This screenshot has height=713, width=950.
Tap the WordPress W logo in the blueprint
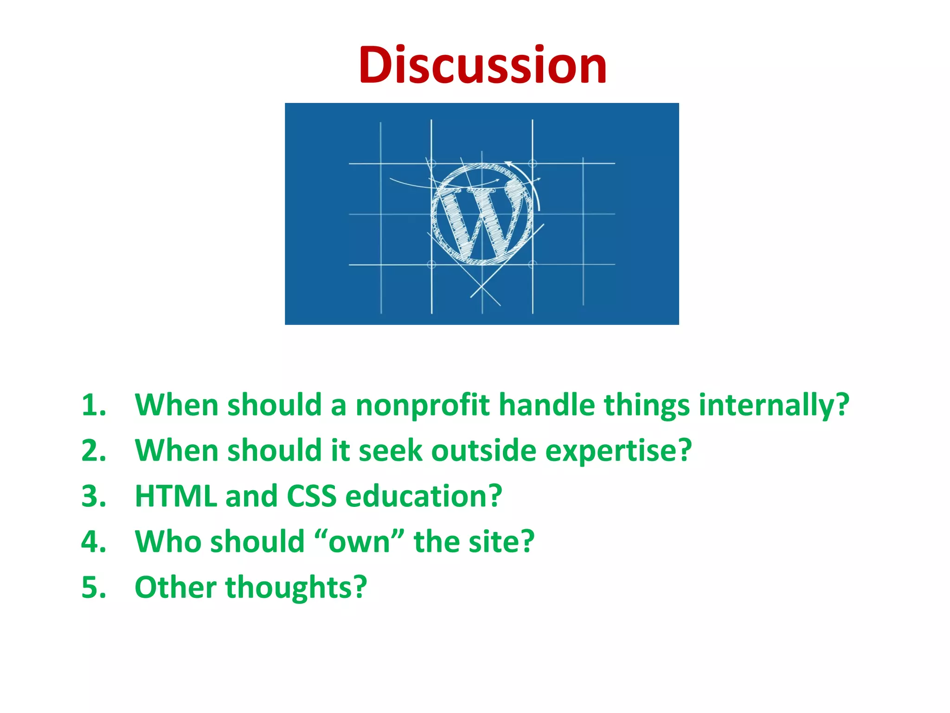point(482,214)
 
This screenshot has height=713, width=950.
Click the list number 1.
point(93,405)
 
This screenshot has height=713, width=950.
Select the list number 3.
point(93,496)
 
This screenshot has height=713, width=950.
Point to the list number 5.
point(93,587)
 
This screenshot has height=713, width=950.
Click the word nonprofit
point(422,405)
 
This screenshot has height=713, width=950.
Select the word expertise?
point(618,450)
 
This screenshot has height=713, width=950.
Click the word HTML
point(176,496)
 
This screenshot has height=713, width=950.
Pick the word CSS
point(311,496)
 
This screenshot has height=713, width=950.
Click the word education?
point(424,496)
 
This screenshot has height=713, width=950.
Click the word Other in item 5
point(175,587)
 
